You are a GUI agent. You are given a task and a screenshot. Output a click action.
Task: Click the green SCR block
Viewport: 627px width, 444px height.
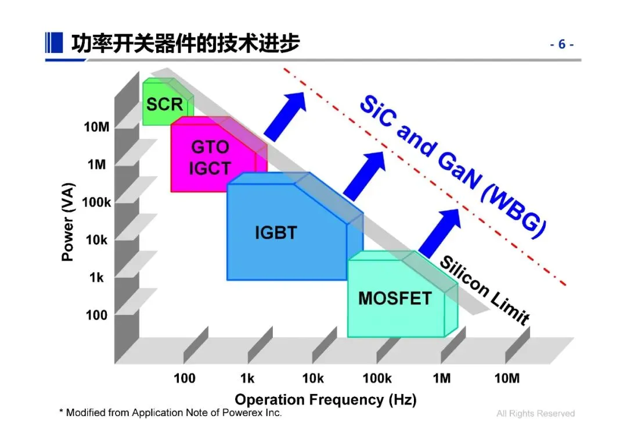point(165,105)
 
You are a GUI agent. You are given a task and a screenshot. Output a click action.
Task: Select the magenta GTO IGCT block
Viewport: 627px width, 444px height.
point(210,157)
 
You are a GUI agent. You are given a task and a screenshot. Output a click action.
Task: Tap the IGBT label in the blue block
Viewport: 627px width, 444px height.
point(276,233)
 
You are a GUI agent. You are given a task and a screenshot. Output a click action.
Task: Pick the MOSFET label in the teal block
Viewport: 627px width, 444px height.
point(395,299)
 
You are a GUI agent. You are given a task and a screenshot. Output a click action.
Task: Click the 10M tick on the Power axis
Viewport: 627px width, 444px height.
point(96,127)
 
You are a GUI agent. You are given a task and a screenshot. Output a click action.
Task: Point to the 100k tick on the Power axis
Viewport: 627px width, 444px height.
point(96,202)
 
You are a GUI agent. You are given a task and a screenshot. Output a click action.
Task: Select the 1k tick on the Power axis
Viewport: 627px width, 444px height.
point(96,278)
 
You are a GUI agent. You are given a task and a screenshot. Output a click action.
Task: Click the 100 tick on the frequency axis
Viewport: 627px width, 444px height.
point(185,379)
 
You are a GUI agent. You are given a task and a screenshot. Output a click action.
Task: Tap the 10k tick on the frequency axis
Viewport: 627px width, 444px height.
point(312,379)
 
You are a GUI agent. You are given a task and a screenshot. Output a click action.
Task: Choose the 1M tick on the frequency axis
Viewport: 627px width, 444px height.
point(441,379)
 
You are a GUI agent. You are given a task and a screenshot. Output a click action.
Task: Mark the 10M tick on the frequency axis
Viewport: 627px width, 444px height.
point(506,379)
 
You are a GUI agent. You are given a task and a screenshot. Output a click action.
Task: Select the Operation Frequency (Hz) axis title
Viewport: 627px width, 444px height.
point(326,400)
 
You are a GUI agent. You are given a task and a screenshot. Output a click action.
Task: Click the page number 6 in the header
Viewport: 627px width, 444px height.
point(561,44)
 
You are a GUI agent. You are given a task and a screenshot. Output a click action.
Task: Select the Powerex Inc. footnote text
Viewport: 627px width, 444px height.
point(171,413)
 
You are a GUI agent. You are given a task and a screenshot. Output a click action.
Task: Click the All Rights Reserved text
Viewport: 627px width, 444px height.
point(535,413)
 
